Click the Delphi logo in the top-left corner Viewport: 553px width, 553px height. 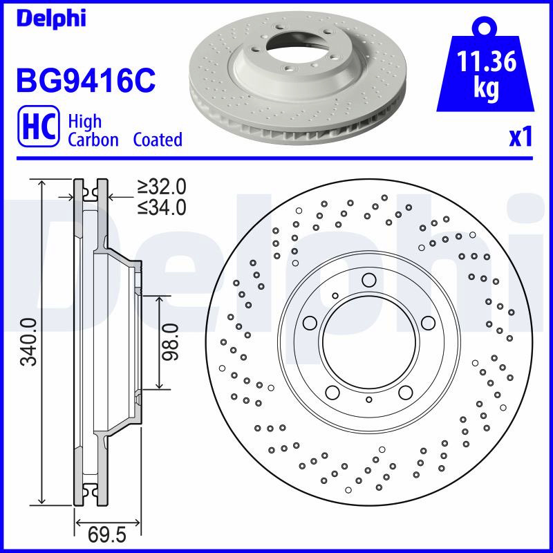pyautogui.click(x=51, y=19)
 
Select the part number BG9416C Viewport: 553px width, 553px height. pyautogui.click(x=86, y=80)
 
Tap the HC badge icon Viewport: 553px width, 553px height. pyautogui.click(x=39, y=126)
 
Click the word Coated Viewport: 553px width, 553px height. pyautogui.click(x=158, y=140)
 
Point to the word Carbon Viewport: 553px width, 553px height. pyautogui.click(x=93, y=140)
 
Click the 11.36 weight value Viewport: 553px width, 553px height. pyautogui.click(x=487, y=62)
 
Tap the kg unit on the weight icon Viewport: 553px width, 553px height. pyautogui.click(x=487, y=88)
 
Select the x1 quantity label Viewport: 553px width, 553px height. pyautogui.click(x=521, y=137)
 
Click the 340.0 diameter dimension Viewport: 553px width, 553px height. pyautogui.click(x=29, y=341)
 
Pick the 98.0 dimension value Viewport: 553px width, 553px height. pyautogui.click(x=171, y=341)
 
